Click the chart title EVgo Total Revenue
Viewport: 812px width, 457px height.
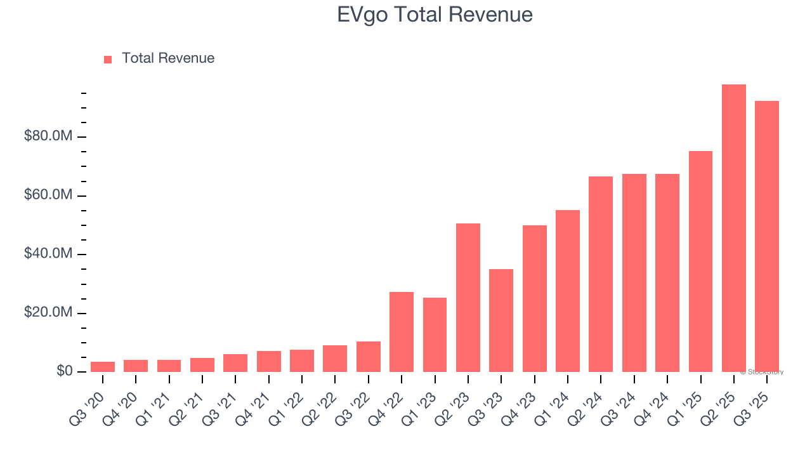click(x=435, y=15)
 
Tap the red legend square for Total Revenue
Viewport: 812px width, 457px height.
click(x=108, y=59)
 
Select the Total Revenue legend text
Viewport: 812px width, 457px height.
click(x=168, y=58)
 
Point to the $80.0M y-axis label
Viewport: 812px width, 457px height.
click(x=48, y=136)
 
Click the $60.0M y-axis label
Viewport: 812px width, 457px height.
click(x=48, y=195)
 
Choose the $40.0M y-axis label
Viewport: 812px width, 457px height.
click(x=48, y=254)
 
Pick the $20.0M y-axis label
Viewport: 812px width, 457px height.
click(x=48, y=313)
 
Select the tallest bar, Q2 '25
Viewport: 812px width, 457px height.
click(x=733, y=228)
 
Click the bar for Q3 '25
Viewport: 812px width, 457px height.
click(x=766, y=236)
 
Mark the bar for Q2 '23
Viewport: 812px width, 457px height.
click(x=468, y=298)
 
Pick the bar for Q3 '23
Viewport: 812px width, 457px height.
click(x=501, y=321)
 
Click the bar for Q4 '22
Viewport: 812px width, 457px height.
click(x=402, y=332)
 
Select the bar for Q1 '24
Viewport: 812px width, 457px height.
click(x=568, y=291)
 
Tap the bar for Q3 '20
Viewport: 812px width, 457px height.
click(x=103, y=367)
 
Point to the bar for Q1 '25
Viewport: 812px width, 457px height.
click(x=700, y=262)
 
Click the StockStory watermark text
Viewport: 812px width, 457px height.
click(x=762, y=372)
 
